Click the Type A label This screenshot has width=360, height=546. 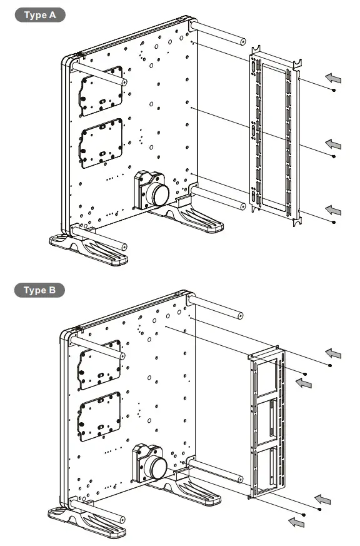[x=39, y=16]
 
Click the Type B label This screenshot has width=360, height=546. [x=39, y=290]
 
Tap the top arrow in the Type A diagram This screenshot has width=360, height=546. [x=334, y=78]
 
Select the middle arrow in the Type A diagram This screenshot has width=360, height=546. [x=334, y=144]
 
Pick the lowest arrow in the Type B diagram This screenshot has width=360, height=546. [x=296, y=521]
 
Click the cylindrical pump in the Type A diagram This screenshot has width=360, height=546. [x=157, y=191]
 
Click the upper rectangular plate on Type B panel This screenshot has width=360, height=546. [x=99, y=364]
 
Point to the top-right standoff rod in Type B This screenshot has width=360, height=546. [x=216, y=308]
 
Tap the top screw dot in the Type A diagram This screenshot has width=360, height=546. [x=334, y=91]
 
